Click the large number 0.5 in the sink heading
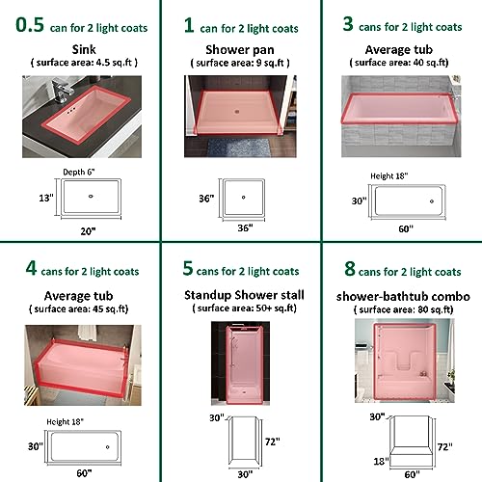tap(30, 25)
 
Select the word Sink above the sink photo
tap(84, 49)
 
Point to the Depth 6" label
tap(79, 172)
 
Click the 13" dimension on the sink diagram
tap(46, 198)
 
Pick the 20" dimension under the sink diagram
tap(88, 231)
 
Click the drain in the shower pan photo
tap(237, 112)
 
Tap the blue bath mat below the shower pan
tap(238, 147)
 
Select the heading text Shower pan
tap(240, 50)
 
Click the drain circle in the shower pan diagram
tap(243, 198)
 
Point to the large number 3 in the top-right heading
tap(348, 24)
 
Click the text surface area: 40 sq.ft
tap(400, 63)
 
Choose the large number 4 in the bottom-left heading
tap(31, 268)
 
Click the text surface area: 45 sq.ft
tap(80, 309)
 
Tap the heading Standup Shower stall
tap(244, 295)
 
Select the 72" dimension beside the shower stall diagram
tap(273, 442)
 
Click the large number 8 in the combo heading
tap(350, 269)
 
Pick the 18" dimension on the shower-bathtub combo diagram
tap(381, 462)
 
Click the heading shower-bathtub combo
tap(403, 296)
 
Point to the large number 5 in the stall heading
tap(188, 268)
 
